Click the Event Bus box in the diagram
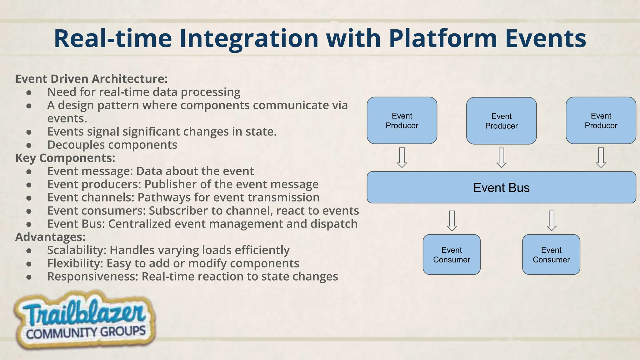501,187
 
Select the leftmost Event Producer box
402,121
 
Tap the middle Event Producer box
501,121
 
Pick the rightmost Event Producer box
601,121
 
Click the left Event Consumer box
452,255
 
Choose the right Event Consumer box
551,255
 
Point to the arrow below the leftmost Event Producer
402,158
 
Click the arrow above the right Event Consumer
551,221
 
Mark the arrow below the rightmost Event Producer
601,158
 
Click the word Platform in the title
443,38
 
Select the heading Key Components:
65,158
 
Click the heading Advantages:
50,237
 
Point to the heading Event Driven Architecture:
91,79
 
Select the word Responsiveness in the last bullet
92,277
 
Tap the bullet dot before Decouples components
29,145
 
